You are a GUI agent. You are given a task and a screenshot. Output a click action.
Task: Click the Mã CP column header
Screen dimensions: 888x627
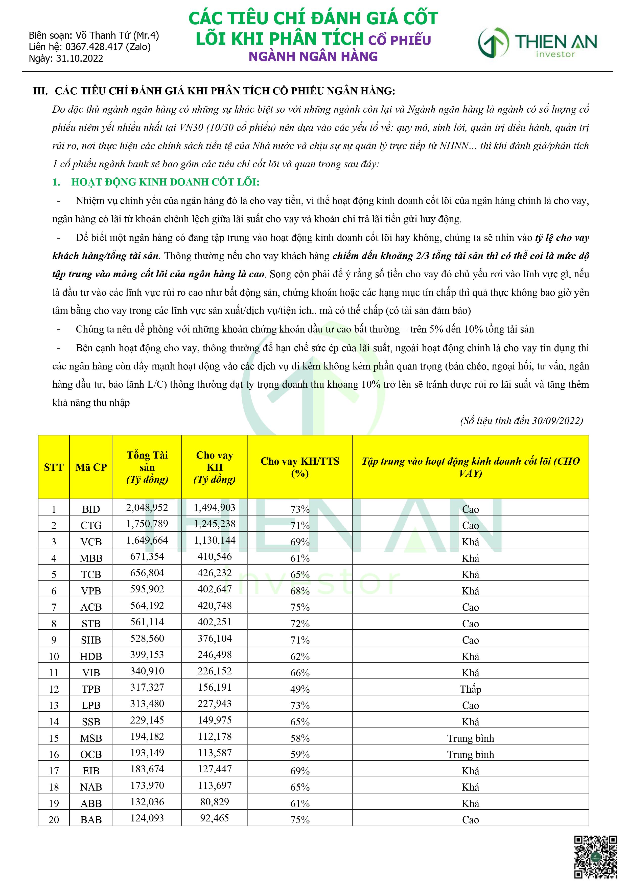91,467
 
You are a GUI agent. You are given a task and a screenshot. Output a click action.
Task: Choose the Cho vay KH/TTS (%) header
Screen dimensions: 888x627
300,467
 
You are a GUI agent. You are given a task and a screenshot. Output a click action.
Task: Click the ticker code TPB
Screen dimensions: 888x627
91,689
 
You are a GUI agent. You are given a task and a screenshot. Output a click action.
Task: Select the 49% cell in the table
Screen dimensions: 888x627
300,689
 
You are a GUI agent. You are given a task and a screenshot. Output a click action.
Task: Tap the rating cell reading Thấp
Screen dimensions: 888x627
470,689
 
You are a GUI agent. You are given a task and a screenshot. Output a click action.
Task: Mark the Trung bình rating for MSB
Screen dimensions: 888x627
470,738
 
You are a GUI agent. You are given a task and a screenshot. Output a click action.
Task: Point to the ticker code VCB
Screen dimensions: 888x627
91,542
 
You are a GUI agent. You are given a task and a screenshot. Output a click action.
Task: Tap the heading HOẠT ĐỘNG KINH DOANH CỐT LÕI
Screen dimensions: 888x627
165,182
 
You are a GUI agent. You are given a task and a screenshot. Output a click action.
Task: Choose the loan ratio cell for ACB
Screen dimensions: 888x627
300,607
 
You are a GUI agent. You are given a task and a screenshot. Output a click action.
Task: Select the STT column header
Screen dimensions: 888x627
54,467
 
